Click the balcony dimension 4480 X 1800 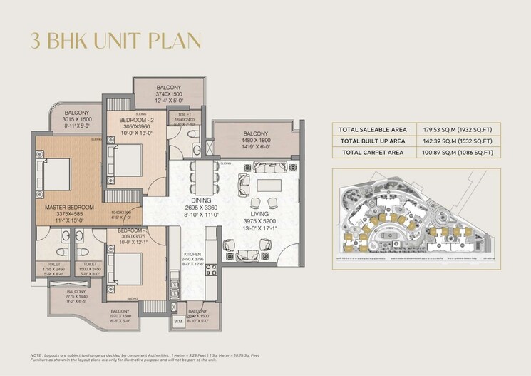(255, 141)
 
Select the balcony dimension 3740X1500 (169, 94)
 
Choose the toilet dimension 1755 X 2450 (54, 269)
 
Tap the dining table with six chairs (203, 176)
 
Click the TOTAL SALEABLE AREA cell (373, 129)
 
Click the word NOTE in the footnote (38, 355)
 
